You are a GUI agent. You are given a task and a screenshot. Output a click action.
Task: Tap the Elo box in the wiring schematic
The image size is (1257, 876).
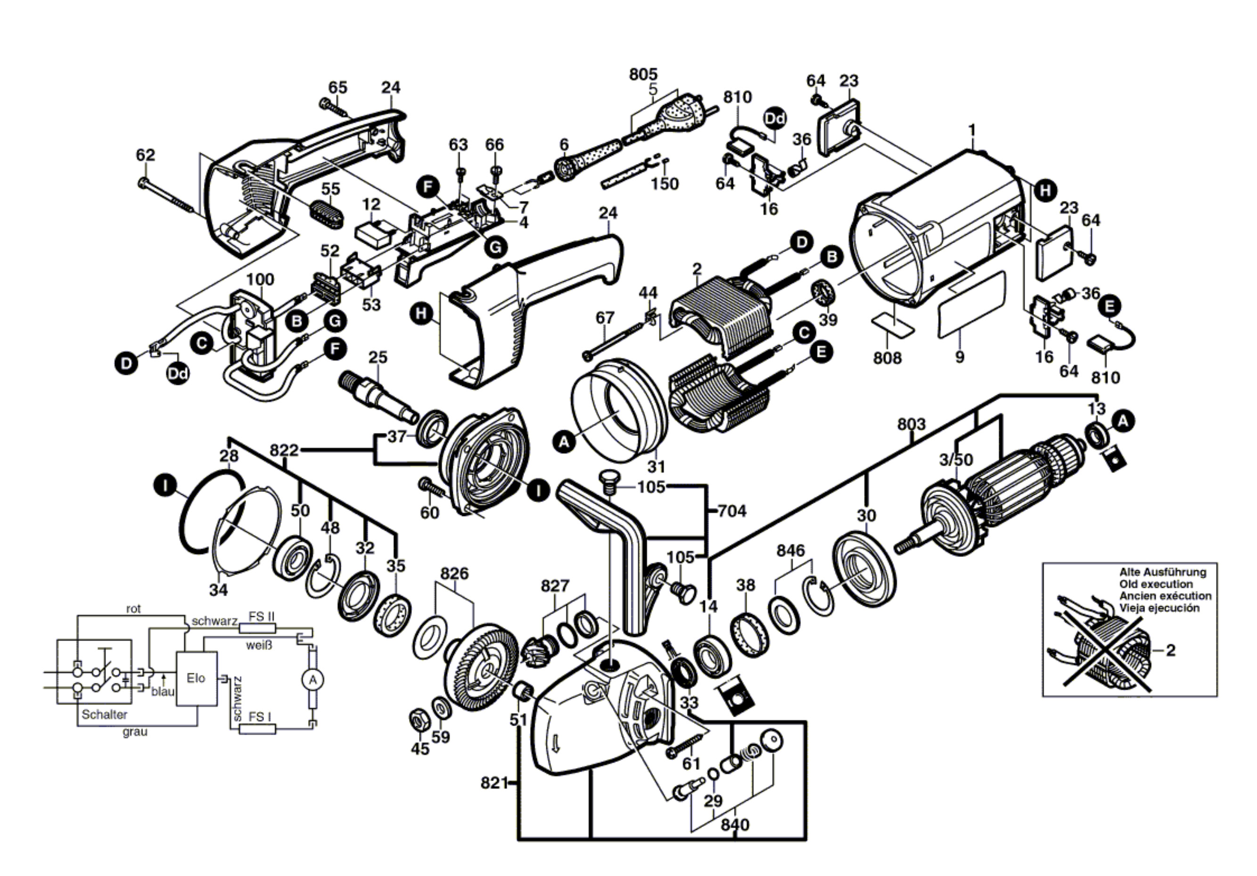pyautogui.click(x=196, y=679)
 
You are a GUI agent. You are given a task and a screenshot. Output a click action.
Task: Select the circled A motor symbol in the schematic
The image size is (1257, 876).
pyautogui.click(x=312, y=680)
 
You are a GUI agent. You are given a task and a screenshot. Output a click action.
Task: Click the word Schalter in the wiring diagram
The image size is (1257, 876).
pyautogui.click(x=105, y=714)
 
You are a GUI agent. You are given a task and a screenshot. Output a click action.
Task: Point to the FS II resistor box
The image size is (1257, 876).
pyautogui.click(x=261, y=629)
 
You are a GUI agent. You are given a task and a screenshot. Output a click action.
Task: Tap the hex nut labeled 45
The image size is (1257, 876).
pyautogui.click(x=419, y=720)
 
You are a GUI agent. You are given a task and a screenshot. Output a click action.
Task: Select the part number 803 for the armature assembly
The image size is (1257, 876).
pyautogui.click(x=911, y=424)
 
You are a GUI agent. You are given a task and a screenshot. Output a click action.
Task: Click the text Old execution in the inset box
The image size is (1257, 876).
pyautogui.click(x=1156, y=584)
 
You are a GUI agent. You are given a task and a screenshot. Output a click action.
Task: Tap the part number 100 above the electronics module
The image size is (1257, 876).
pyautogui.click(x=260, y=279)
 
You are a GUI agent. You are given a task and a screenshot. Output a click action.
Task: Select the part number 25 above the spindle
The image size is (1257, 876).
pyautogui.click(x=378, y=358)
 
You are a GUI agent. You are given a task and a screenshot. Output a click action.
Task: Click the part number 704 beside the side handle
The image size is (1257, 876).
pyautogui.click(x=731, y=511)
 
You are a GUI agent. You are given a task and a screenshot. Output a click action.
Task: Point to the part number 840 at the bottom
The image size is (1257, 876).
pyautogui.click(x=735, y=825)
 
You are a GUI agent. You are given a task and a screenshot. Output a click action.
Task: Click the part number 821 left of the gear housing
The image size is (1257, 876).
pyautogui.click(x=494, y=783)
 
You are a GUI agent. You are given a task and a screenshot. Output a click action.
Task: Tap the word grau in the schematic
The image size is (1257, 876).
pyautogui.click(x=135, y=732)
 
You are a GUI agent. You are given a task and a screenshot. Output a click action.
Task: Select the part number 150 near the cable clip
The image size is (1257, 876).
pyautogui.click(x=665, y=183)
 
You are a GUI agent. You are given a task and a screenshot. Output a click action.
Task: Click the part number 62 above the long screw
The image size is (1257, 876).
pyautogui.click(x=146, y=155)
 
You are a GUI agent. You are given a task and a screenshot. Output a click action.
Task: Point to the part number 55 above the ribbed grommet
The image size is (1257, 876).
pyautogui.click(x=331, y=188)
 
